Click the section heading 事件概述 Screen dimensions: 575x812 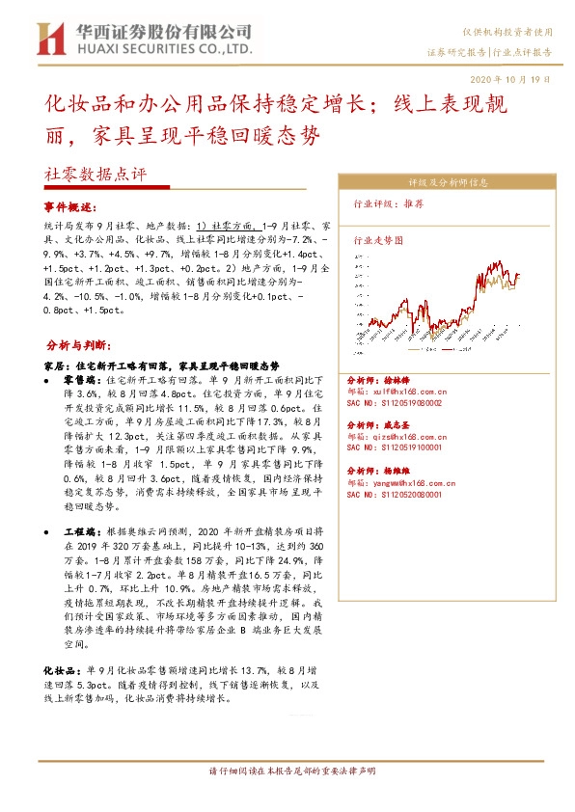pos(70,207)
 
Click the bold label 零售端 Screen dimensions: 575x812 pos(79,381)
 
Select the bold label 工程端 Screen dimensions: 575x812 pos(79,530)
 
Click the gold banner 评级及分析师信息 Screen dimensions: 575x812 pos(448,180)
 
